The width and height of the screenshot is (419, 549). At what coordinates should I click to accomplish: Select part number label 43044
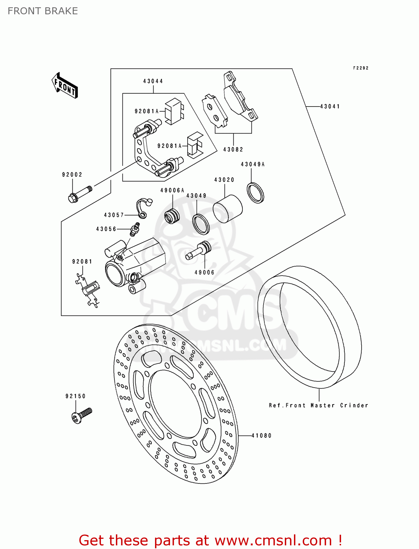click(153, 81)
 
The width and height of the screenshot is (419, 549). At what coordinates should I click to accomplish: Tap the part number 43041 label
click(330, 107)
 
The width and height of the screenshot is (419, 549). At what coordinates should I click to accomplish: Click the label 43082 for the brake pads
click(233, 149)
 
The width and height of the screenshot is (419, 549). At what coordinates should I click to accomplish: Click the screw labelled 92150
click(82, 415)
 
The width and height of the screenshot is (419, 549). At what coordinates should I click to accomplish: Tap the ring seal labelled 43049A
click(256, 193)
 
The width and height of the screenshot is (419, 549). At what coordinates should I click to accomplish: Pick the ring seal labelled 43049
click(201, 224)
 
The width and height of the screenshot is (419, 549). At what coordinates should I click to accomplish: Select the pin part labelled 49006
click(199, 251)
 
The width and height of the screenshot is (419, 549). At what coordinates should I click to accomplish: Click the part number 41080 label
click(261, 436)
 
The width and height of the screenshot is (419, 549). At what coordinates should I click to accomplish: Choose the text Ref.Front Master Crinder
click(318, 406)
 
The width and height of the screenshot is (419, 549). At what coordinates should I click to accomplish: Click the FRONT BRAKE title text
click(43, 11)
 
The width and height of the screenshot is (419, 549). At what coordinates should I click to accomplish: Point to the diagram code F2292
click(361, 68)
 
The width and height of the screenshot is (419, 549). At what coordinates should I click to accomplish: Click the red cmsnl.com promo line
click(211, 540)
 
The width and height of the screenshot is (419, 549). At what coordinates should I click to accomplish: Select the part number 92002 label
click(72, 175)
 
